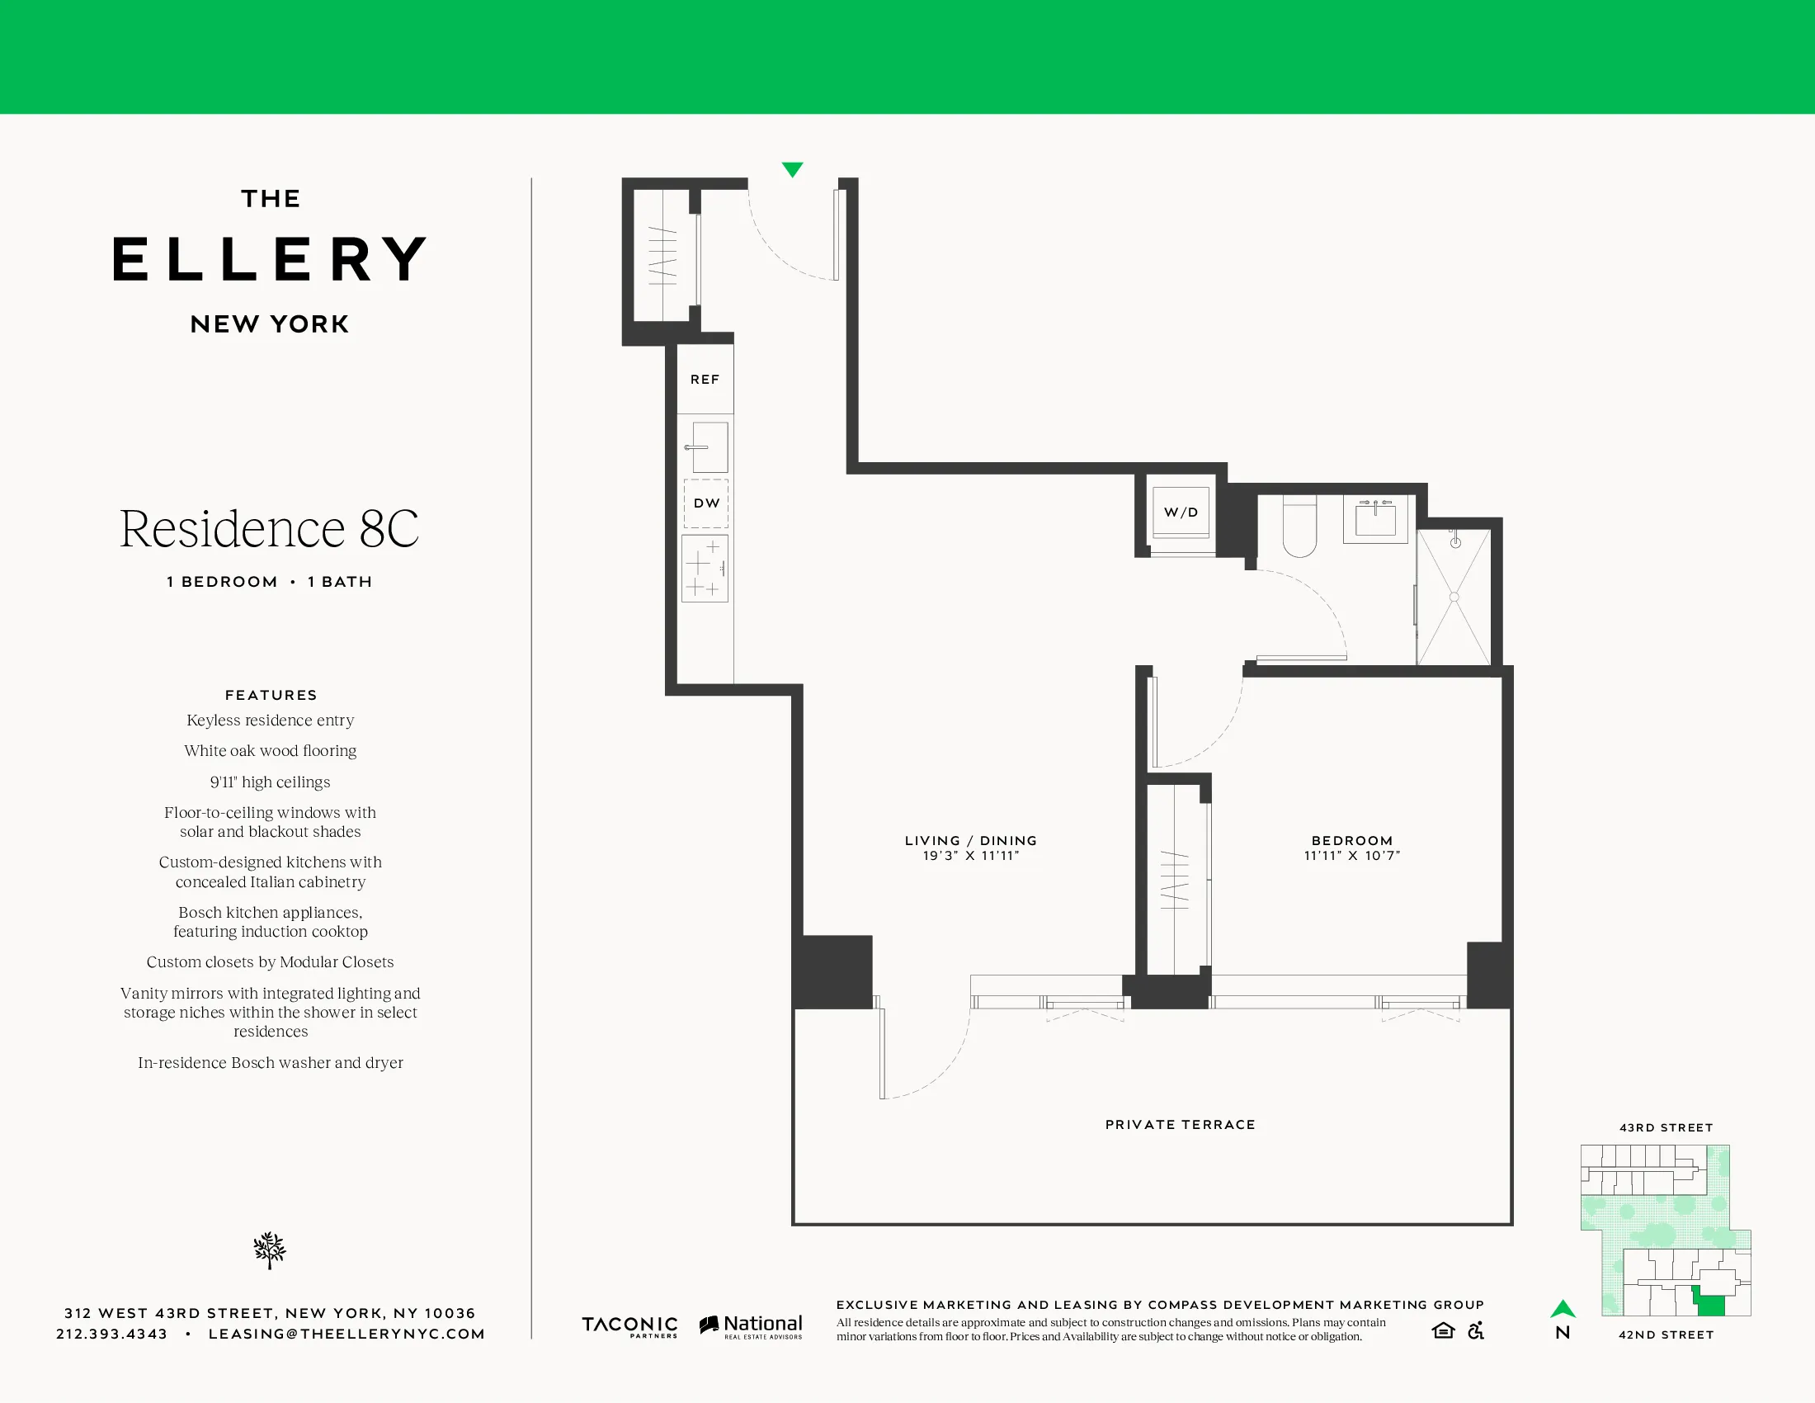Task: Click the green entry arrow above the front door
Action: (x=792, y=169)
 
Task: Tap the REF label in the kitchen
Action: (x=705, y=379)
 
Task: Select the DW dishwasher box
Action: (x=706, y=503)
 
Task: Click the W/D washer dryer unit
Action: (x=1180, y=513)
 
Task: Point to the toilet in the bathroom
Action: (x=1299, y=528)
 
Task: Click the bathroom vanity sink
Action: (x=1375, y=520)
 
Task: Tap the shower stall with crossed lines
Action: (x=1454, y=597)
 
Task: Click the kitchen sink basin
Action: (x=709, y=447)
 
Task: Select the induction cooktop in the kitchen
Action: (x=705, y=568)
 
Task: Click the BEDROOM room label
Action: (x=1352, y=840)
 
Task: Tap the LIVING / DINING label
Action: (x=971, y=840)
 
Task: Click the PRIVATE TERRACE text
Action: (x=1180, y=1125)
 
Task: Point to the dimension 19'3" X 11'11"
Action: (x=971, y=856)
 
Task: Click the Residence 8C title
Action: (x=269, y=529)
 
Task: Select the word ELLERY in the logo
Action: (x=269, y=259)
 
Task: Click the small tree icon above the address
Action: (x=269, y=1250)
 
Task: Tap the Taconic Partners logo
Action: (x=629, y=1325)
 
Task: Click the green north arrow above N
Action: (x=1563, y=1309)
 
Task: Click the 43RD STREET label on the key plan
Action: (x=1666, y=1128)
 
